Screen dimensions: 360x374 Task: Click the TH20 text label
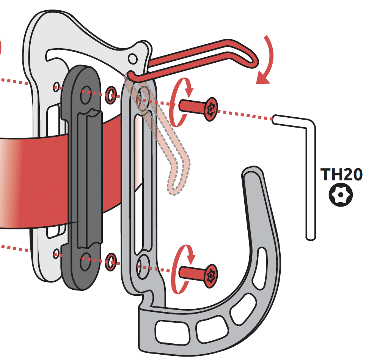point(341,174)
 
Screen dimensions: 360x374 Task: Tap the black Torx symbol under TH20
point(340,195)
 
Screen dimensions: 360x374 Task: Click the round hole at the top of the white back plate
point(132,58)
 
